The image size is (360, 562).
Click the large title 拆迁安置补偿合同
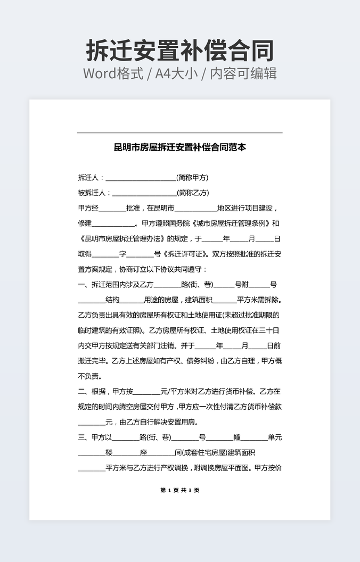click(x=180, y=51)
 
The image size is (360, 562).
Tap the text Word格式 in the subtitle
click(x=113, y=73)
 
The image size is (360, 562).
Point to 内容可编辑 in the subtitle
click(x=243, y=73)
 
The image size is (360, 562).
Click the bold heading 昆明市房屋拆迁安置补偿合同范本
click(x=180, y=147)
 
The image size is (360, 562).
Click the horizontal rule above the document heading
click(x=180, y=133)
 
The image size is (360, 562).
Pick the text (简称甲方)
click(x=192, y=178)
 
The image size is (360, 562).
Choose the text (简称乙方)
click(x=193, y=193)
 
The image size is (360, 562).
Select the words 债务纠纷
click(x=200, y=361)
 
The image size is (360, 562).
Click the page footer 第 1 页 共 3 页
click(x=180, y=491)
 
